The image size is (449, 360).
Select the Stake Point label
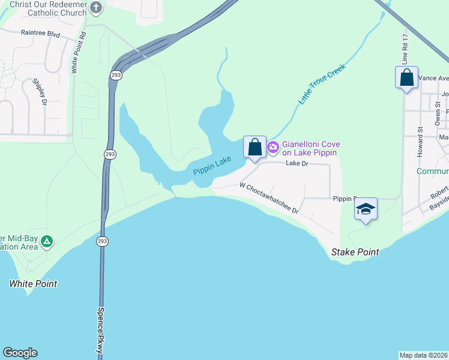pos(355,253)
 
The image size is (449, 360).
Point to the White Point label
pos(33,284)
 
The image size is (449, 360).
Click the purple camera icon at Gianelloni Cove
pos(273,147)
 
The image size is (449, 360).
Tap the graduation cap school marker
pos(366,210)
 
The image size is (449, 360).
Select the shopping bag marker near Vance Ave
pos(406,78)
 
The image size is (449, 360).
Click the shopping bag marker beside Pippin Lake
pos(255,147)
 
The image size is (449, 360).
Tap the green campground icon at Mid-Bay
pos(47,242)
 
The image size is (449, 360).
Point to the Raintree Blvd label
pos(40,34)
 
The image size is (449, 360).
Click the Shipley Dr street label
pos(40,91)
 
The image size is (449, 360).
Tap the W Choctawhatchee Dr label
pos(269,199)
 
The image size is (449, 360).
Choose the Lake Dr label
pos(297,163)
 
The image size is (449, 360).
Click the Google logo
pos(20,353)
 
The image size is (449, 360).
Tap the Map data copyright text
pos(423,355)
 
